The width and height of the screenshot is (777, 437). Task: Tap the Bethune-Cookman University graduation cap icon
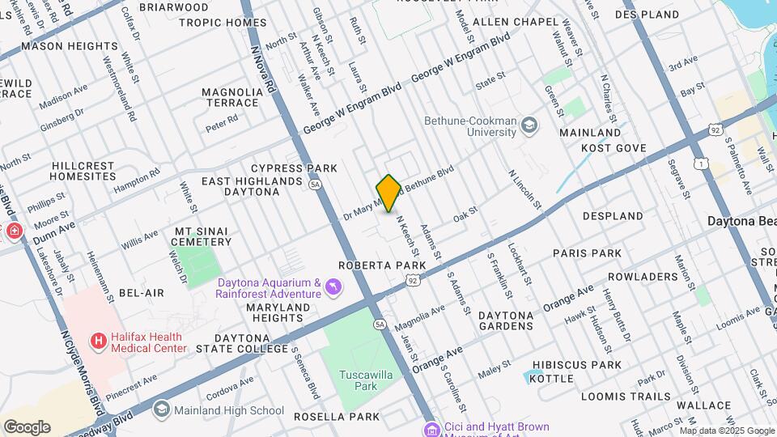coord(529,125)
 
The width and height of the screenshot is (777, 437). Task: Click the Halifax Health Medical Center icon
coord(99,342)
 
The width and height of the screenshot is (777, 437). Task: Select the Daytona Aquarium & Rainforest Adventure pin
coord(333,287)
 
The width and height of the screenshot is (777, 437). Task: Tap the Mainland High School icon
coord(161,410)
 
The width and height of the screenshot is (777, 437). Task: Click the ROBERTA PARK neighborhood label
coord(371,265)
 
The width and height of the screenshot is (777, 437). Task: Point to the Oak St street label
coord(465,217)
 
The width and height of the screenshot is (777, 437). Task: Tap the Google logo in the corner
coord(27,427)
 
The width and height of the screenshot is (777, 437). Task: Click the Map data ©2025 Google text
coord(726,431)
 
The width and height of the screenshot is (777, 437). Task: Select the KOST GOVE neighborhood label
coord(614,148)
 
